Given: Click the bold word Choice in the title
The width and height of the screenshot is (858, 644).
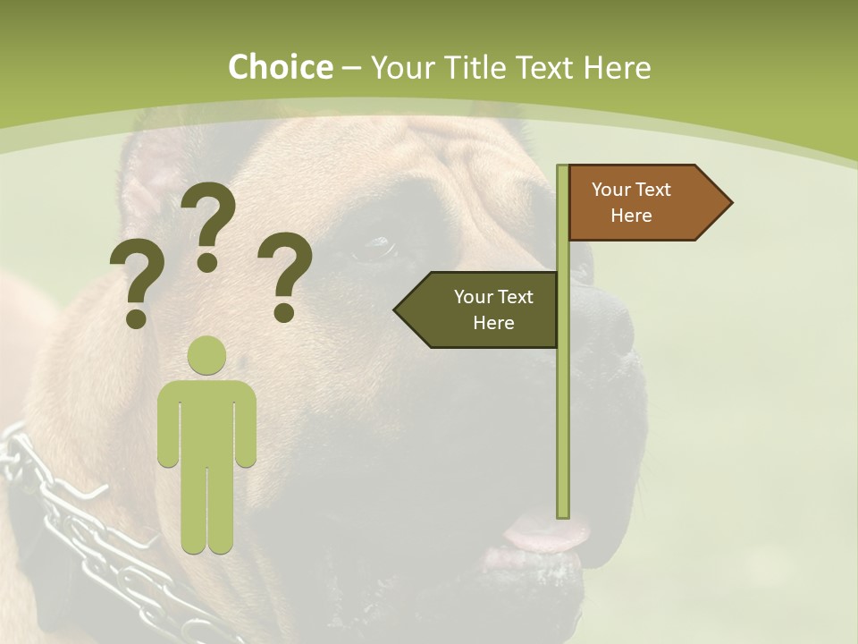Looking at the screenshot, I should pyautogui.click(x=280, y=68).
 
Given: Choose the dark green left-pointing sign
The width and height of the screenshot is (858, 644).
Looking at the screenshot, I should pyautogui.click(x=483, y=309).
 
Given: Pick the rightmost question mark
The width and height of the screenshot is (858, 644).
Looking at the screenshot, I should pyautogui.click(x=285, y=275).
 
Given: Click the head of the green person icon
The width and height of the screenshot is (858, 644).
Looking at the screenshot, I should pyautogui.click(x=207, y=355).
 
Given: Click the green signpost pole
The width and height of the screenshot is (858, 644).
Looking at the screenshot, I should pyautogui.click(x=563, y=402).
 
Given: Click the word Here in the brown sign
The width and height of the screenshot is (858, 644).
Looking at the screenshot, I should pyautogui.click(x=631, y=216).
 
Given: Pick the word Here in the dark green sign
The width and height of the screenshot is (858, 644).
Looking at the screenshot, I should pyautogui.click(x=493, y=323).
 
